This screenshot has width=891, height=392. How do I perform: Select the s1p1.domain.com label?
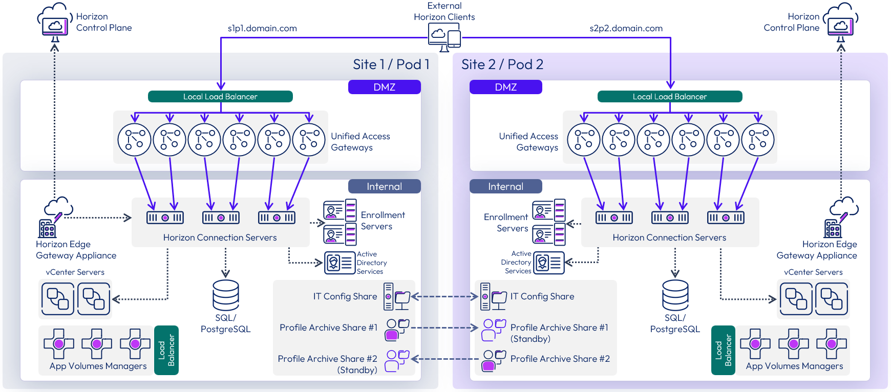pos(262,29)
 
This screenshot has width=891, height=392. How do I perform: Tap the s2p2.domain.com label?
pos(626,29)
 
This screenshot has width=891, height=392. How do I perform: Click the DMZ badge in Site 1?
pos(384,87)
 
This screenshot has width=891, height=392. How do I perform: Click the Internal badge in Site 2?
pos(505,186)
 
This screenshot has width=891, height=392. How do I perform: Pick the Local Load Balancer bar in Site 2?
pos(669,97)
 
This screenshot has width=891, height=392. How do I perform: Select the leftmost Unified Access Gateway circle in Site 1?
pos(134,140)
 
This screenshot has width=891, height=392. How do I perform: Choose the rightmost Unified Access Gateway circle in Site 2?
pos(758,140)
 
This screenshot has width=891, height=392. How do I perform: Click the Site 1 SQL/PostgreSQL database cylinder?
pos(225,295)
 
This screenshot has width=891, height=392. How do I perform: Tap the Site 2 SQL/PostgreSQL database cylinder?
pos(675,295)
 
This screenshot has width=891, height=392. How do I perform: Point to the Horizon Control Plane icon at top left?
pos(54,23)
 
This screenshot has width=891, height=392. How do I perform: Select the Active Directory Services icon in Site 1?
pos(340,263)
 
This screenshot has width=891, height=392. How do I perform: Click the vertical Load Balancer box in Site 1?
pos(166,350)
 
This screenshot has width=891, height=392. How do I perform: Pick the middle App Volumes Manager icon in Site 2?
pos(793,344)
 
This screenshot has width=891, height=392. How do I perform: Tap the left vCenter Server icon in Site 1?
pos(57,299)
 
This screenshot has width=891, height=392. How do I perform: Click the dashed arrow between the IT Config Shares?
pos(444,296)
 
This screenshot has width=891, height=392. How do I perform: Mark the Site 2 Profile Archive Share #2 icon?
pos(494,360)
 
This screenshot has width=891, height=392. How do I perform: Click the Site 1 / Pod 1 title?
pos(391,64)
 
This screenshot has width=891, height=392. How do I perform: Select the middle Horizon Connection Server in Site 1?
pos(221,217)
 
